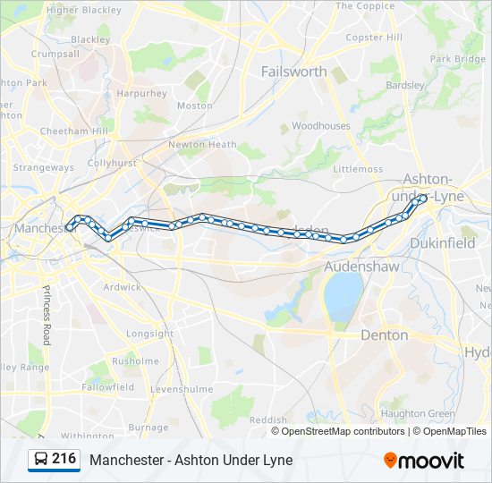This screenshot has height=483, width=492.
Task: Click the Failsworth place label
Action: point(293,72)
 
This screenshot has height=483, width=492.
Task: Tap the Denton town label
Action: point(384,335)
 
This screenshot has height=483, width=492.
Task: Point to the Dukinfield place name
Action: point(442,242)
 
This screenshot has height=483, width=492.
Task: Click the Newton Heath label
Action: point(202,144)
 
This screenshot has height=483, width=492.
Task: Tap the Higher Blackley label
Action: point(83,10)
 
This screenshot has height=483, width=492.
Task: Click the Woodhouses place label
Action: point(320,126)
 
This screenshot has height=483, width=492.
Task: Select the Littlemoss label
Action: point(357,168)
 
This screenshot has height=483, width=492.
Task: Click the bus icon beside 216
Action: point(41,460)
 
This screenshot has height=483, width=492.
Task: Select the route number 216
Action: point(64,459)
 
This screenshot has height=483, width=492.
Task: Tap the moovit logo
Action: point(424,461)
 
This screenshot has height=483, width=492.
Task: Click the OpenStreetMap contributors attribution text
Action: point(343,431)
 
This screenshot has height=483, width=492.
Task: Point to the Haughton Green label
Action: point(418,413)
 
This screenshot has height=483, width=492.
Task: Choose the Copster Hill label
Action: point(374,38)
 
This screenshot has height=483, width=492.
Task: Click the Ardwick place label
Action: point(122,287)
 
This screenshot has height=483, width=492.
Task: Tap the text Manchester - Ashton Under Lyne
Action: point(191,460)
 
